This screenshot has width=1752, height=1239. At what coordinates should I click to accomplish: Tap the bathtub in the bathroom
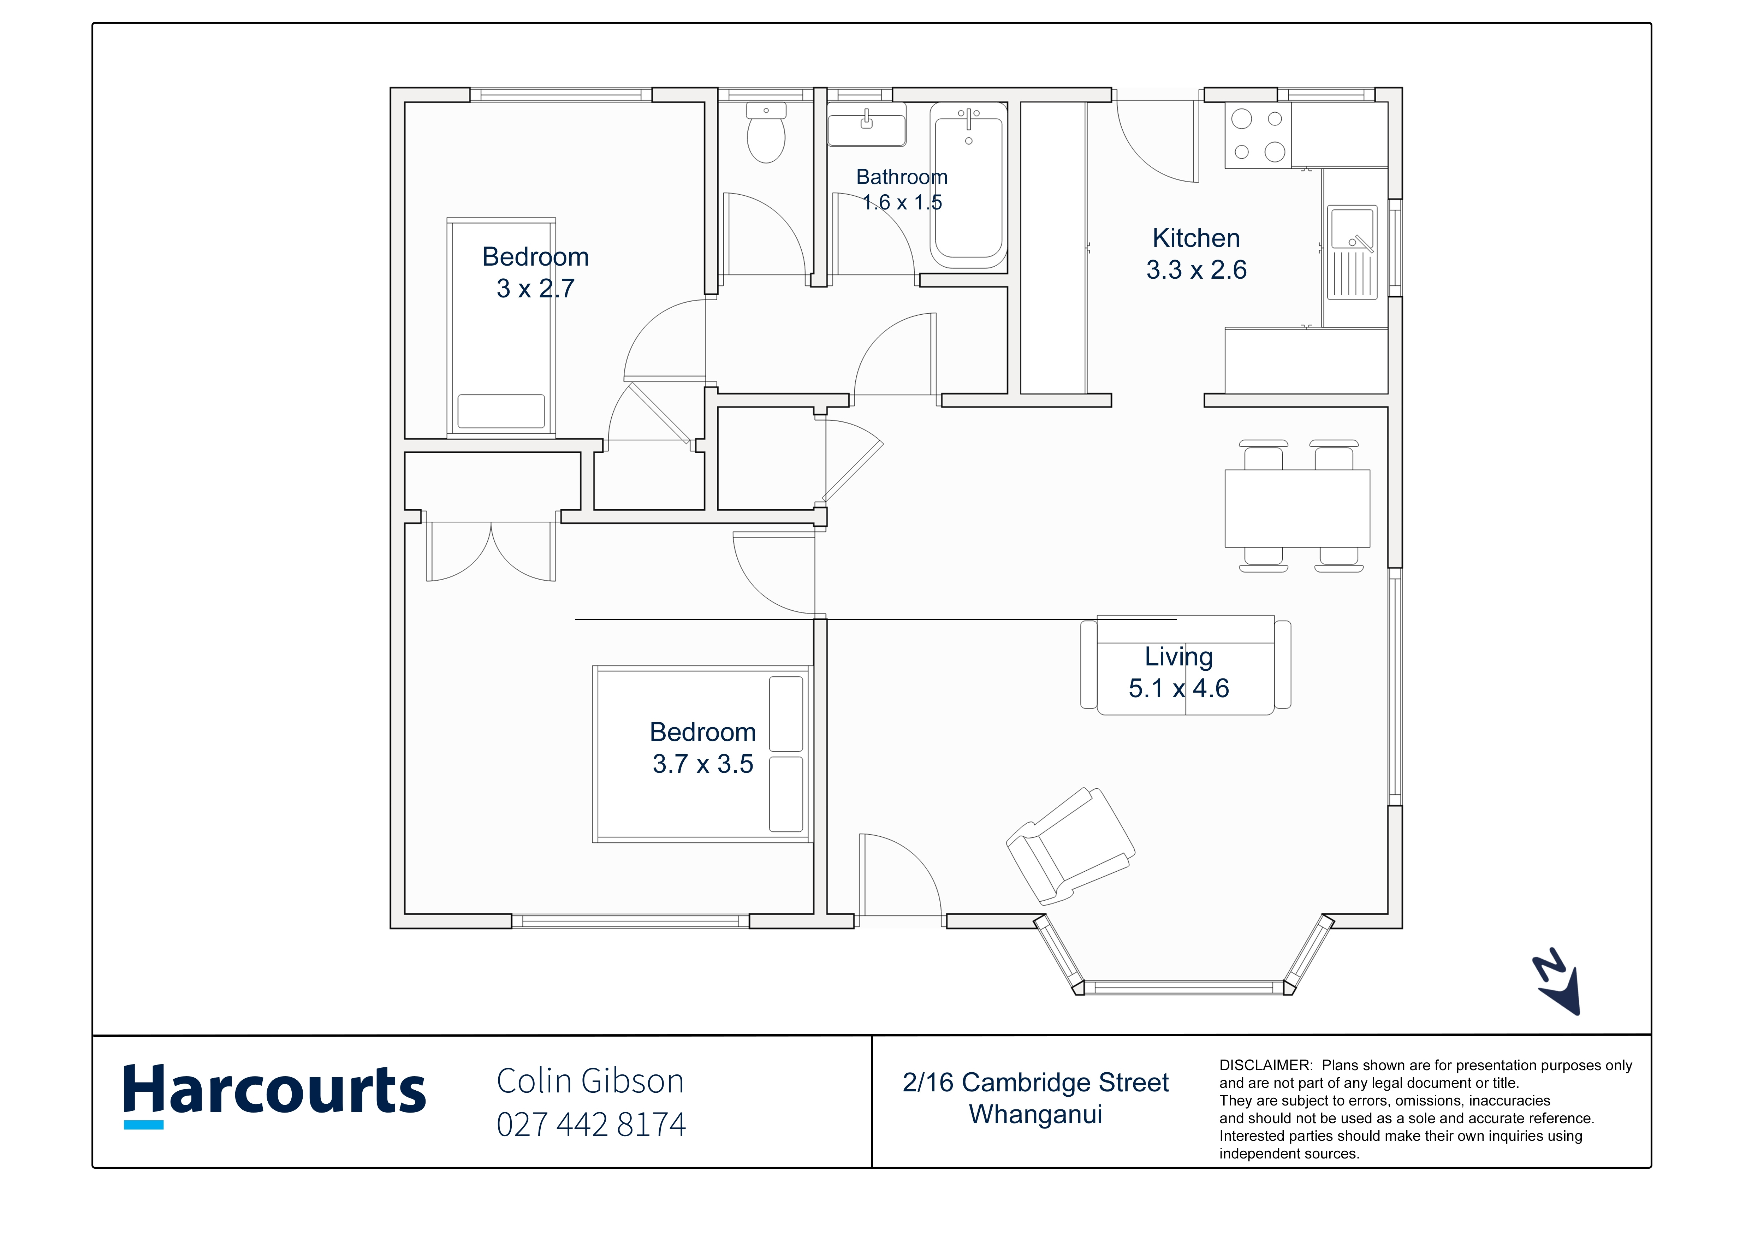968,185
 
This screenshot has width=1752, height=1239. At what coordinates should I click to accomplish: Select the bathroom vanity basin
867,124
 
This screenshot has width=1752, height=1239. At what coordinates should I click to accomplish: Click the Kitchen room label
1196,238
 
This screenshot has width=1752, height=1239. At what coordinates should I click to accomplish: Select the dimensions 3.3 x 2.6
1196,270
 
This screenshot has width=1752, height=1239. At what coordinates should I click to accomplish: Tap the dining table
1297,508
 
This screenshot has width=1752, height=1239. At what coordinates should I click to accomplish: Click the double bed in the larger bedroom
702,754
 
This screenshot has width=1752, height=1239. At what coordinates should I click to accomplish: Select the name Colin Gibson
590,1081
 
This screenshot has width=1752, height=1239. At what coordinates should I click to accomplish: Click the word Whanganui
1035,1115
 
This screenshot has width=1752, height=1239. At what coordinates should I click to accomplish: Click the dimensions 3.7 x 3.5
702,764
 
